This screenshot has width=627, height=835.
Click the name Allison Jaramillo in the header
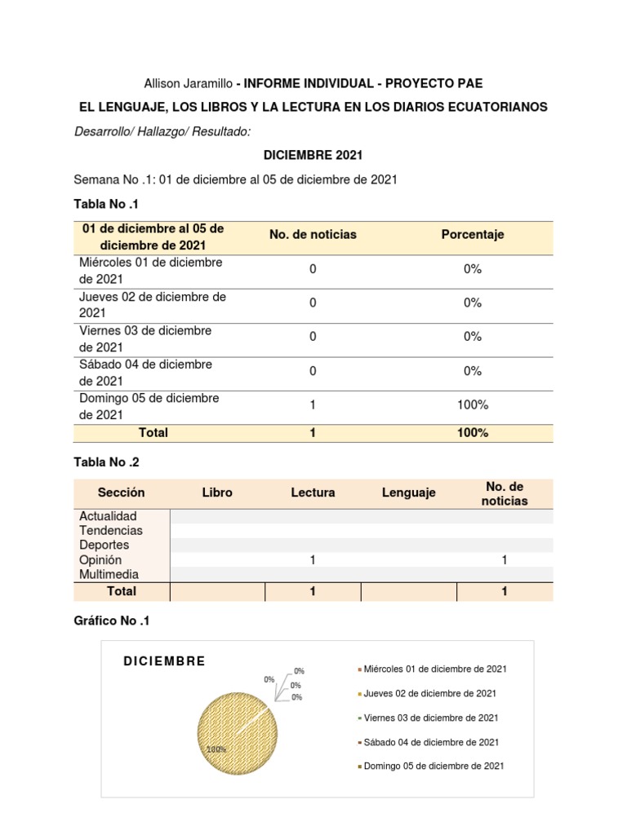188,83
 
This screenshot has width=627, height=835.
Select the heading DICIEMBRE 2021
313,155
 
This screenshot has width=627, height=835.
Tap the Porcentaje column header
473,234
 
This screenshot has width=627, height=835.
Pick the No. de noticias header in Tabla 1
313,234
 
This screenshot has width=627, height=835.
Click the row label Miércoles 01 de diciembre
151,271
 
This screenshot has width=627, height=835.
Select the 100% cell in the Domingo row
473,405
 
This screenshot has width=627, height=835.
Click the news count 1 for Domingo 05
313,405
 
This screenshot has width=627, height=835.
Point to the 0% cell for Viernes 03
473,337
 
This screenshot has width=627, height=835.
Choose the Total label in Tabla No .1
153,433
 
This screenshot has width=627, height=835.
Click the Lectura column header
313,493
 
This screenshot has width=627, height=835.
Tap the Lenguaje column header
408,493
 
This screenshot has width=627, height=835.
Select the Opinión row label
100,560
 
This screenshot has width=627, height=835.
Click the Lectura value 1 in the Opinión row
313,560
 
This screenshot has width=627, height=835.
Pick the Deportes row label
104,545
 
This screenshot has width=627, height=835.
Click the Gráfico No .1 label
112,621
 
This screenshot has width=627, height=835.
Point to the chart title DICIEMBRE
164,661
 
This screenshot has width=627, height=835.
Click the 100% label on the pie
216,749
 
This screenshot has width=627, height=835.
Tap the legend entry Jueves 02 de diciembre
429,693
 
